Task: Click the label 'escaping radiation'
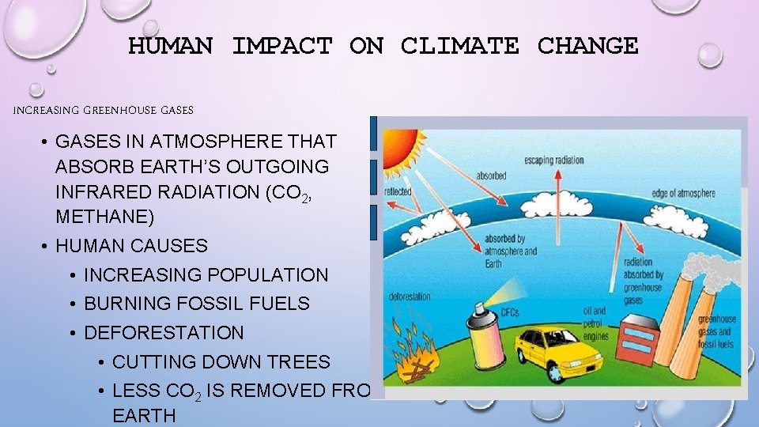point(553,161)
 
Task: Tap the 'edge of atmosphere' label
point(683,193)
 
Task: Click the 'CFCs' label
point(510,313)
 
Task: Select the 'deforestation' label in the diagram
point(410,297)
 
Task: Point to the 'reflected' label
point(398,191)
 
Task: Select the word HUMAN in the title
point(170,46)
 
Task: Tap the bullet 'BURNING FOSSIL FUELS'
point(196,304)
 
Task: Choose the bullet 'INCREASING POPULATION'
point(206,275)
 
